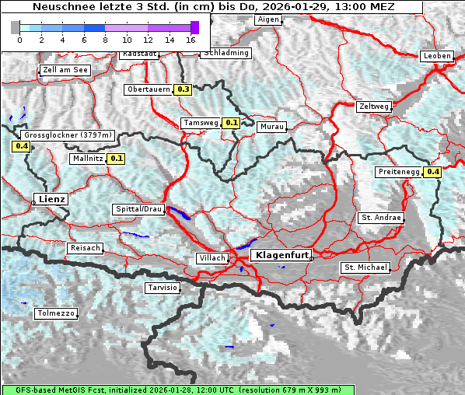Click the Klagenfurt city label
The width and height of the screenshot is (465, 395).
coord(283,255)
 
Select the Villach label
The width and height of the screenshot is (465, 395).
coord(212,258)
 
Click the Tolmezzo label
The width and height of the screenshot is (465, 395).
coord(56,314)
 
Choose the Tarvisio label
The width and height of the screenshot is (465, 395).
coord(163,288)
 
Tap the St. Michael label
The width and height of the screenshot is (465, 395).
coord(365,267)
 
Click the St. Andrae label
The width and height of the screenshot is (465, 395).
coord(381,218)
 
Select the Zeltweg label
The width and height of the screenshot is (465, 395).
coord(374,106)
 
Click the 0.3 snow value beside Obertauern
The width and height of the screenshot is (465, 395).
coord(184,89)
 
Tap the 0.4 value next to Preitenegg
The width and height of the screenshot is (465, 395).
coord(432,172)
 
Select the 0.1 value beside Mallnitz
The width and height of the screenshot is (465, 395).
coord(117,159)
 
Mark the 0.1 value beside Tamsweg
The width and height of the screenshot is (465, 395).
coord(231,123)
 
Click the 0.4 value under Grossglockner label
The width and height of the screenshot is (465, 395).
coord(21,146)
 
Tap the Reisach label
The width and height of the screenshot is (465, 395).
coord(86,248)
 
